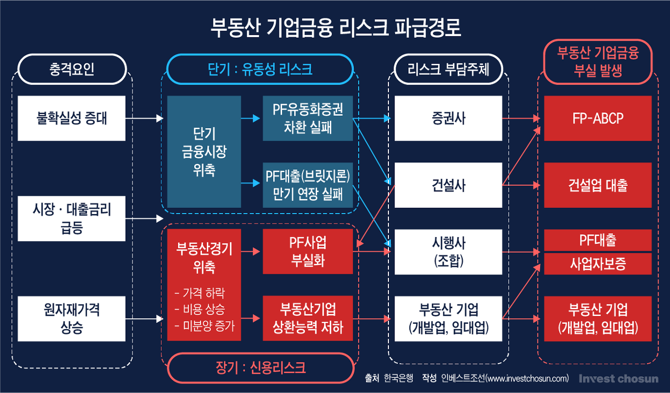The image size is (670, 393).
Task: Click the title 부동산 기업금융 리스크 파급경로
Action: coord(336,27)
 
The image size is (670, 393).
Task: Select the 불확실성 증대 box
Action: coord(72,118)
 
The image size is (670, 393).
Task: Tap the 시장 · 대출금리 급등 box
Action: coord(72,218)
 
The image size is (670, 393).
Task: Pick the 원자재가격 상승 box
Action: coord(72,318)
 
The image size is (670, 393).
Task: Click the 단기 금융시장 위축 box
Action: coord(204,152)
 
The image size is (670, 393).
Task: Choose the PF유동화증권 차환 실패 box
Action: coord(308,118)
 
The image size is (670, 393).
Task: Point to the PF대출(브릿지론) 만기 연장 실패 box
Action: coord(308,185)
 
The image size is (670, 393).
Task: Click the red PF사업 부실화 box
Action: coord(308,251)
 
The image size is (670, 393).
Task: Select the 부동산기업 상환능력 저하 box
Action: coord(308,318)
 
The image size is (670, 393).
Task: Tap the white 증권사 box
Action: coord(448,118)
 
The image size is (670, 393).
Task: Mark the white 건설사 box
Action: coord(448,185)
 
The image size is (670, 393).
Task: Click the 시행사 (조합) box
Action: coord(448,251)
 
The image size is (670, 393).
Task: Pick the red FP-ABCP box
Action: coord(598,118)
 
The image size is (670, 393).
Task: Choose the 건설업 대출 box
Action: coord(598,185)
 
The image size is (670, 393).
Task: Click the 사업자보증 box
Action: coord(598,264)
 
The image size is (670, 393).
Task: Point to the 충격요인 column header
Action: coord(72,69)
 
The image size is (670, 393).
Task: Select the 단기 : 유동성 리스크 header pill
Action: coord(260,69)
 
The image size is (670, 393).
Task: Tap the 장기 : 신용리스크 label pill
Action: coord(260,367)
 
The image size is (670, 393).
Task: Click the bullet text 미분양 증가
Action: coord(205,325)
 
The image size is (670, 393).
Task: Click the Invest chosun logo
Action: coord(618,378)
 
